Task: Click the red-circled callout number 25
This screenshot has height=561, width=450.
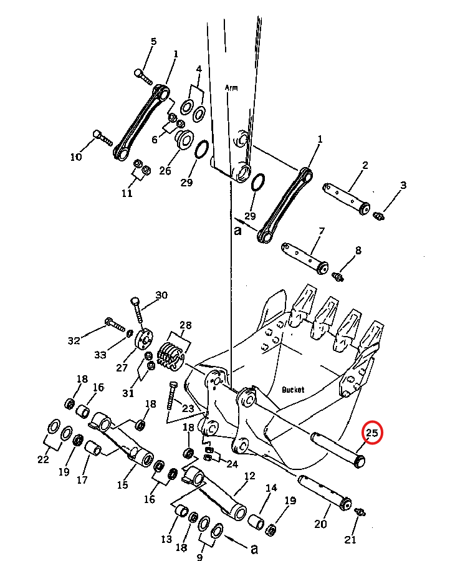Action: tap(372, 433)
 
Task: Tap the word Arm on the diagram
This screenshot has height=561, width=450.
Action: tap(231, 87)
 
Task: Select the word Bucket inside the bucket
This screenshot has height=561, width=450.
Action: tap(292, 390)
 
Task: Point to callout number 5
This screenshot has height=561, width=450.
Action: tap(153, 41)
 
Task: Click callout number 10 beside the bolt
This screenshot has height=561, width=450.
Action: tap(76, 156)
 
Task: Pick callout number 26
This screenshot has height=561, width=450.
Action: tap(165, 171)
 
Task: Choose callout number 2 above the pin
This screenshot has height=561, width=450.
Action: tap(365, 165)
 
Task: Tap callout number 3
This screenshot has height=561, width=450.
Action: tap(403, 185)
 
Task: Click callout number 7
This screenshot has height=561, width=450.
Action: tap(322, 231)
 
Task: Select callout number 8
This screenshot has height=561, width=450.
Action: tap(358, 250)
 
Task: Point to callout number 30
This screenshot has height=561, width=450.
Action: tap(161, 295)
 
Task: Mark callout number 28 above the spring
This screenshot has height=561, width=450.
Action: tap(185, 325)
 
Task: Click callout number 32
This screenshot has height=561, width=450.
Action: tap(74, 340)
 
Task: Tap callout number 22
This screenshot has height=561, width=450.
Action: tap(43, 459)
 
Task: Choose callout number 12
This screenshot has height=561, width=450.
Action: tap(249, 476)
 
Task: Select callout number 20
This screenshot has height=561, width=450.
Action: tap(320, 524)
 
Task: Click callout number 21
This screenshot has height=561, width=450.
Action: tap(350, 540)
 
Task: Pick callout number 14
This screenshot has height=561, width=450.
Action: tap(271, 487)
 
